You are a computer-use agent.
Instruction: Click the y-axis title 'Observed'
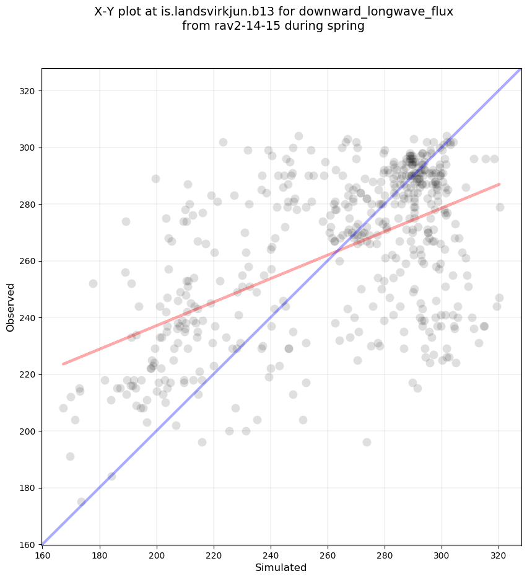tap(11, 307)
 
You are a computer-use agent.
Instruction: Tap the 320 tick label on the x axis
tap(499, 556)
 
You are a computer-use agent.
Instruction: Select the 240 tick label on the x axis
tap(271, 556)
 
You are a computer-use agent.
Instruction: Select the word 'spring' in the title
tap(346, 27)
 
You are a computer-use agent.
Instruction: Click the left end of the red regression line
tap(63, 363)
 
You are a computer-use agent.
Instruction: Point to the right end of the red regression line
tap(499, 184)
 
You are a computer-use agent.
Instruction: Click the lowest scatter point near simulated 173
tap(81, 502)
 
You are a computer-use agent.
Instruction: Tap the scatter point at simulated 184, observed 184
tap(111, 476)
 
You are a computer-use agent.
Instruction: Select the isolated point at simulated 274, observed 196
tap(367, 442)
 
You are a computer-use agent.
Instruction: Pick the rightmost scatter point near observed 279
tap(500, 207)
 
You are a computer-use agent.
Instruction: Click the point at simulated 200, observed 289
tap(155, 179)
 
